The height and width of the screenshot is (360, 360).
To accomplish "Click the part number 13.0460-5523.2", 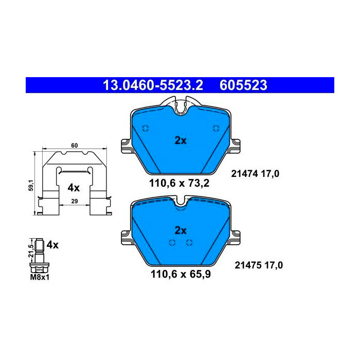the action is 153,85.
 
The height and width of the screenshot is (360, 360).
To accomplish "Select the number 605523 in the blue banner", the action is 243,85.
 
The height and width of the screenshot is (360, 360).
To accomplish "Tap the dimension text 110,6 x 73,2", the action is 179,184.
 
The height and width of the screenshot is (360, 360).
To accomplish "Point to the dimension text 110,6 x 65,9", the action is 181,274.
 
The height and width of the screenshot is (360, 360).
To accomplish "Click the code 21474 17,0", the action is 255,174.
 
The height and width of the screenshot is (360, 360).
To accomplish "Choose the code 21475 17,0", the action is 259,265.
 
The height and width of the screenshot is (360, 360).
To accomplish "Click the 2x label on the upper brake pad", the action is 181,140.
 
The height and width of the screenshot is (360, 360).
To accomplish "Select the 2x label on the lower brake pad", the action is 181,230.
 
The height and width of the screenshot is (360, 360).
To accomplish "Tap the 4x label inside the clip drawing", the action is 74,188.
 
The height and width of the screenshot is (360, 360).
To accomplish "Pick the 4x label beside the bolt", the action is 52,245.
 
